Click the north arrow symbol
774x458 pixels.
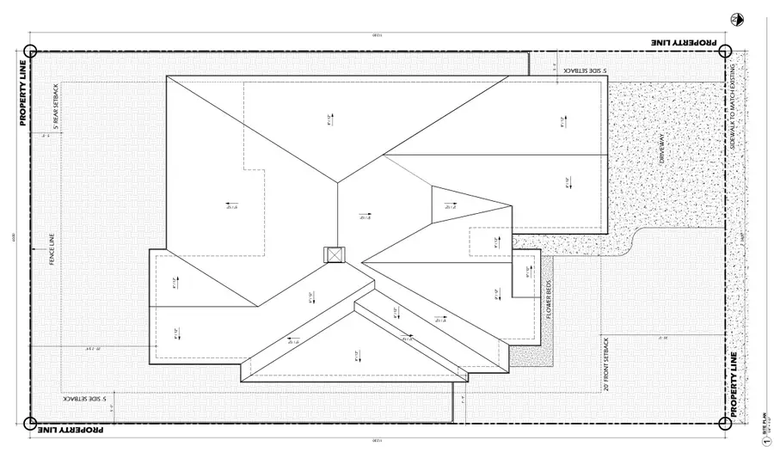point(736,19)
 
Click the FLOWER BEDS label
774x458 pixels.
point(549,302)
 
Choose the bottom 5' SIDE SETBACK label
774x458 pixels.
point(83,400)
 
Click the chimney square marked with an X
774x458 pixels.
point(333,255)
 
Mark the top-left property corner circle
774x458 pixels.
point(30,51)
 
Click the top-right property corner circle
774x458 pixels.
point(725,51)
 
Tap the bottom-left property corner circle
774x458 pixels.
point(30,423)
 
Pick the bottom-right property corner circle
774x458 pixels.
point(725,423)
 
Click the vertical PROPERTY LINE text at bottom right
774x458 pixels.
point(734,384)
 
